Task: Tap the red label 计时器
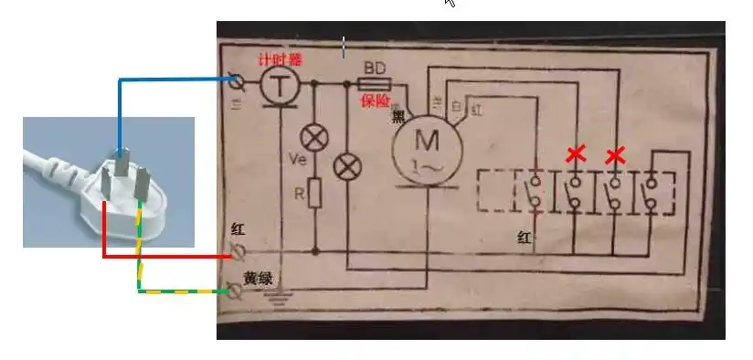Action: click(x=279, y=59)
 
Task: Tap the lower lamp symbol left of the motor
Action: click(x=347, y=167)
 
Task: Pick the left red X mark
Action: click(x=576, y=154)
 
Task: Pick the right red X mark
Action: click(x=616, y=154)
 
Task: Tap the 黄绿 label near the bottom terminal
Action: click(x=257, y=278)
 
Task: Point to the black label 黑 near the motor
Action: click(x=399, y=115)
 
